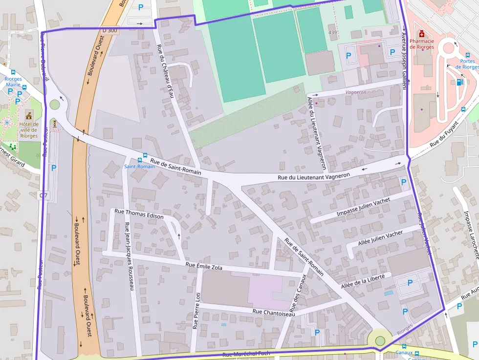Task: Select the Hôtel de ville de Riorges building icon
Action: [x=29, y=115]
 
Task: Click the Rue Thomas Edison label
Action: [x=135, y=213]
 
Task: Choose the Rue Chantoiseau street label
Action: [x=274, y=313]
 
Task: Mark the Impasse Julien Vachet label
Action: [x=363, y=208]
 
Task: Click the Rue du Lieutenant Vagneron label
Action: [x=314, y=177]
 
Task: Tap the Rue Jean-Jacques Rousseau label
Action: [x=129, y=256]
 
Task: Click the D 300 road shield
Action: [x=110, y=30]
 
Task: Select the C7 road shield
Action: [x=44, y=195]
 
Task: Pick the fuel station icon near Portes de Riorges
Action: [x=459, y=82]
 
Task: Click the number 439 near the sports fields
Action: [x=333, y=33]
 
